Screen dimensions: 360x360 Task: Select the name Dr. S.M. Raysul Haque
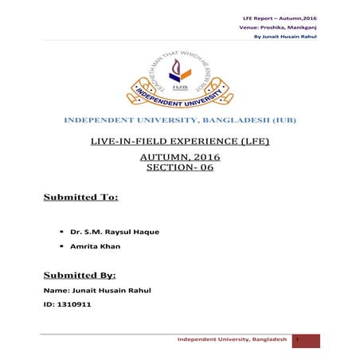(x=115, y=232)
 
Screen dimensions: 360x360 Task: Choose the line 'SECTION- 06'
(x=179, y=169)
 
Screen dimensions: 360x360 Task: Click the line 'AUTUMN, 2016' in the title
(x=179, y=157)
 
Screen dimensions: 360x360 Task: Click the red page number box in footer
(x=305, y=340)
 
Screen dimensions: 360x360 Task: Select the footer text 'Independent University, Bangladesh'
(x=232, y=340)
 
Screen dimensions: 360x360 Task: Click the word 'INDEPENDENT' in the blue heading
(x=96, y=120)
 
